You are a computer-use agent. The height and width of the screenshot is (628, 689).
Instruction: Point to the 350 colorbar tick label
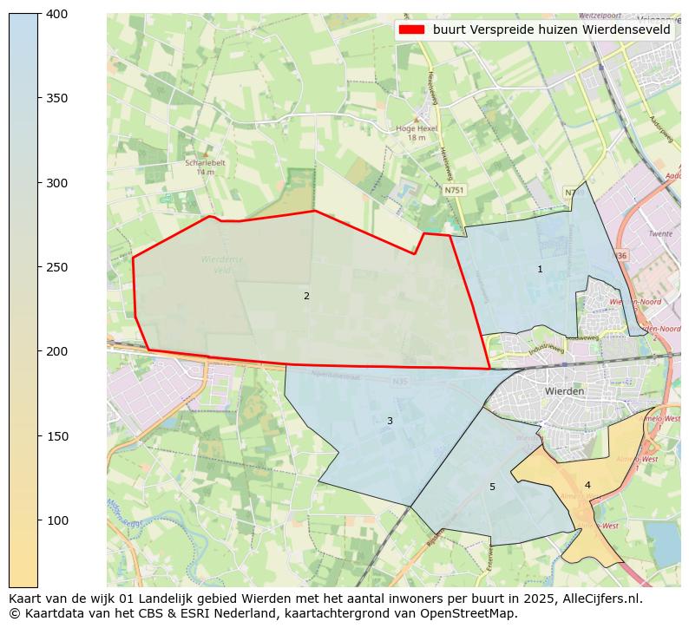pos(56,98)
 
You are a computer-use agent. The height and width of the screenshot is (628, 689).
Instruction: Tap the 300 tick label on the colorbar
pos(56,183)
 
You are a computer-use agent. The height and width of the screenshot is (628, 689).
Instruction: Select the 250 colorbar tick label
pos(56,267)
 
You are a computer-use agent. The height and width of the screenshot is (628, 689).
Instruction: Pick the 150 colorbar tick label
pos(56,436)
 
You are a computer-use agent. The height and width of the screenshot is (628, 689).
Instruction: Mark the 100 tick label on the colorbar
pos(56,520)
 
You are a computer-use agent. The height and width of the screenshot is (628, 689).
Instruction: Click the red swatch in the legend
pos(411,29)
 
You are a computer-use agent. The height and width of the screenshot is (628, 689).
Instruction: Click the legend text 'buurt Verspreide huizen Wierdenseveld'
pos(551,29)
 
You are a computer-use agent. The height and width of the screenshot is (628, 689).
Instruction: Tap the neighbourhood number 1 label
pos(540,270)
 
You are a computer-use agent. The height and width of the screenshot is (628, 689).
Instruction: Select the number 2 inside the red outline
pos(306,297)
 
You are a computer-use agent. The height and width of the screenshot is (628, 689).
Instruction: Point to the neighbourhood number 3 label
pos(390,422)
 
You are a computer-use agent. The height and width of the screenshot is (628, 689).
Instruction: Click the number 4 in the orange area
pos(587,486)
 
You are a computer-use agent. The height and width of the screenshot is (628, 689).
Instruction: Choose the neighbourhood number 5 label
pos(492,487)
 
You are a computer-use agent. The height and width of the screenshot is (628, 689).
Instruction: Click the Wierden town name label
pos(564,391)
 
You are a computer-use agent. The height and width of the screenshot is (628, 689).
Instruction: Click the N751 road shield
pos(453,190)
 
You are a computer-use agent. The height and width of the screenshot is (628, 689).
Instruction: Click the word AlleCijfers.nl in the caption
pos(600,599)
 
